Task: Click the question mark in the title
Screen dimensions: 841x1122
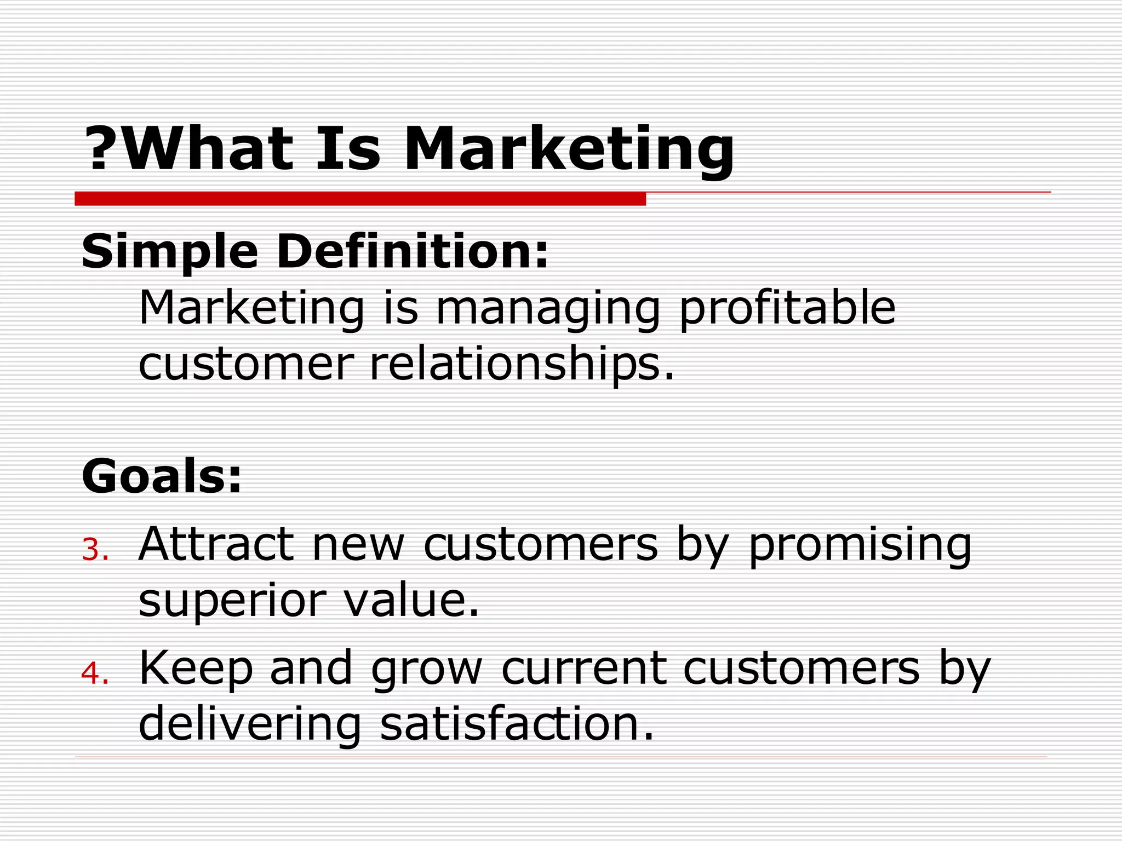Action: click(x=100, y=148)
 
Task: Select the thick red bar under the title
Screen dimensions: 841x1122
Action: click(x=360, y=199)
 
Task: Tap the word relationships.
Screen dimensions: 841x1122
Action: click(x=522, y=365)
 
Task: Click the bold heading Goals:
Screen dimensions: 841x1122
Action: click(x=162, y=476)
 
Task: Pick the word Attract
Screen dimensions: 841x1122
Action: click(x=216, y=544)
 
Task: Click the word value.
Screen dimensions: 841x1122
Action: click(x=411, y=600)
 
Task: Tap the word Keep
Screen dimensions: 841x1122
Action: click(x=196, y=669)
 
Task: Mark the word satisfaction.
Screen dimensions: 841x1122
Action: click(x=517, y=724)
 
